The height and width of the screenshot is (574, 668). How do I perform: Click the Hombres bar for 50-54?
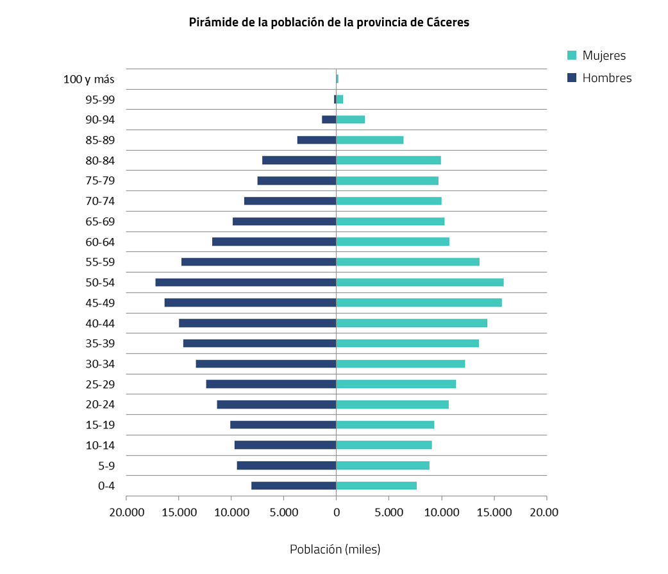click(246, 282)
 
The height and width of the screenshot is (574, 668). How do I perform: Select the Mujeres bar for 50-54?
click(420, 282)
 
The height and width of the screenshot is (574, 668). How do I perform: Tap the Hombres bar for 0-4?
click(294, 485)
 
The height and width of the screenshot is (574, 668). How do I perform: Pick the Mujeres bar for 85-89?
click(370, 140)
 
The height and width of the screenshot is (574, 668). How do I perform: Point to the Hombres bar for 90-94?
click(329, 119)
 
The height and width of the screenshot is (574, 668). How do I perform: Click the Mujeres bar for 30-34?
click(401, 364)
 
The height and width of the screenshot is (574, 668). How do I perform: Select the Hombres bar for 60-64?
click(274, 242)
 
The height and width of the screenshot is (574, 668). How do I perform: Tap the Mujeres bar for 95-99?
click(340, 99)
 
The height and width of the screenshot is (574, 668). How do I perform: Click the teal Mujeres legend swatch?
click(572, 55)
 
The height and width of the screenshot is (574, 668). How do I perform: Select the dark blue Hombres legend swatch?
click(572, 78)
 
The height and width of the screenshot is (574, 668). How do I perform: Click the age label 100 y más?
click(89, 80)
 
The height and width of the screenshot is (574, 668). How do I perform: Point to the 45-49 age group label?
click(100, 303)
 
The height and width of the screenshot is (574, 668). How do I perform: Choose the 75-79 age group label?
click(100, 181)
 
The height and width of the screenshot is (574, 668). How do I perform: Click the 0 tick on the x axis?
click(336, 512)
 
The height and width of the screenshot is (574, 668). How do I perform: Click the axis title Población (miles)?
click(335, 550)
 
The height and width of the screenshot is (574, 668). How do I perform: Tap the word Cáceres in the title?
click(448, 22)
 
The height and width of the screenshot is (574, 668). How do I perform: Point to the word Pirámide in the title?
click(211, 22)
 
